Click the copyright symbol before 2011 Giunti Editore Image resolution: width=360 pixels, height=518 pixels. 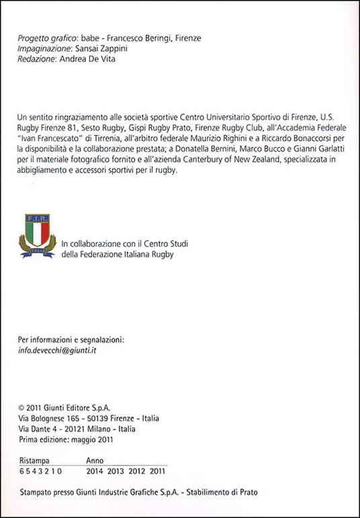click(x=23, y=407)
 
